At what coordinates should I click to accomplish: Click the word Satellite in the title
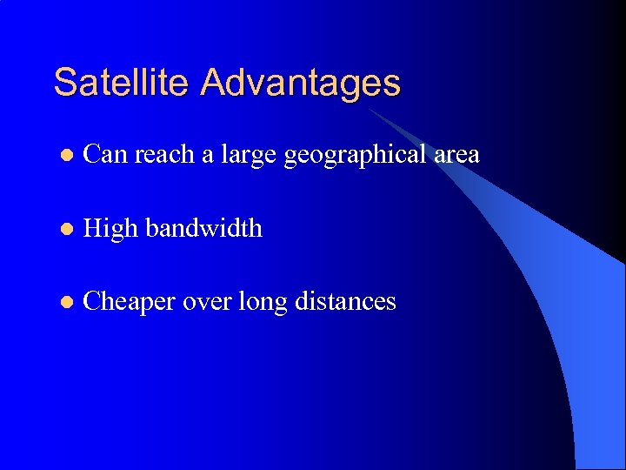(123, 83)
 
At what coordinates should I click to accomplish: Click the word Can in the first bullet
(105, 155)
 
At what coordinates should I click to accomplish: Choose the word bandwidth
(203, 228)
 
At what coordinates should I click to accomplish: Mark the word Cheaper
(131, 302)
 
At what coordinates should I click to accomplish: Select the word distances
(346, 302)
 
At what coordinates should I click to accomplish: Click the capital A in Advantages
(213, 83)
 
